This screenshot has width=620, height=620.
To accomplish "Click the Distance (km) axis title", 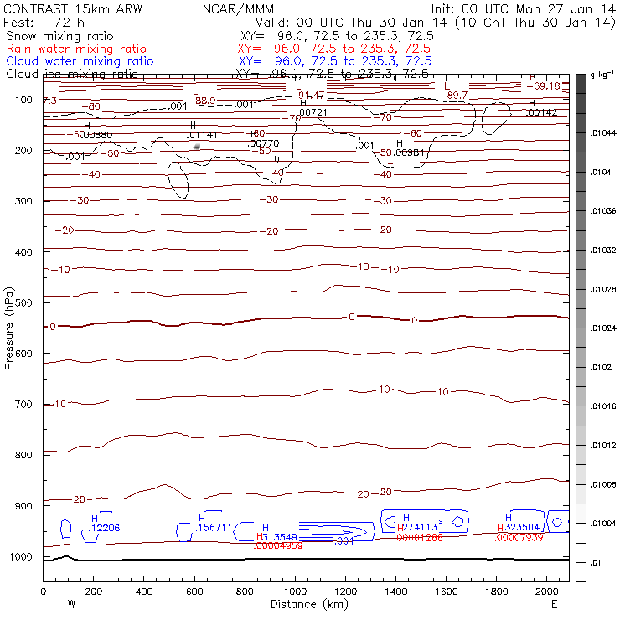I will pyautogui.click(x=307, y=604).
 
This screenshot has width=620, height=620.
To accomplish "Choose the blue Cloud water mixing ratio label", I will pyautogui.click(x=80, y=61).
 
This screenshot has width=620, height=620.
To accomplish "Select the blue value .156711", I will pyautogui.click(x=213, y=529).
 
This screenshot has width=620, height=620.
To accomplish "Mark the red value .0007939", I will pyautogui.click(x=518, y=538).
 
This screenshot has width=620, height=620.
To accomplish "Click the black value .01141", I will pyautogui.click(x=203, y=134).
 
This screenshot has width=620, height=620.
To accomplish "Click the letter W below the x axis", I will pyautogui.click(x=70, y=604).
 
